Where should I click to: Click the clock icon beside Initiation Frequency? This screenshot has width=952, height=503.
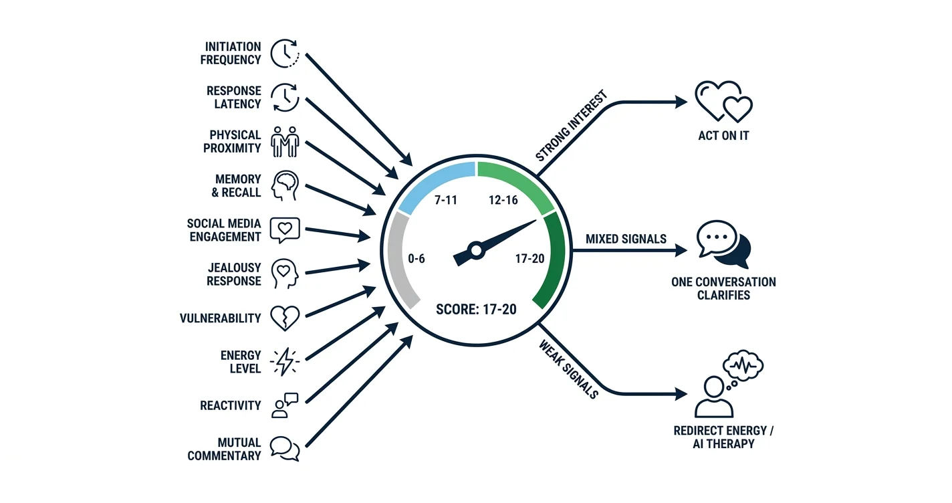click(285, 54)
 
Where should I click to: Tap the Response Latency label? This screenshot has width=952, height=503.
click(234, 98)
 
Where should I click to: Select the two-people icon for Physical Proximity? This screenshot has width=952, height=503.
click(285, 142)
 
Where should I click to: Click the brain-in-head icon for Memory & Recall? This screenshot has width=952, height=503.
click(285, 186)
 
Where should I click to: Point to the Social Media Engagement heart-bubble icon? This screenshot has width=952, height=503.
click(285, 230)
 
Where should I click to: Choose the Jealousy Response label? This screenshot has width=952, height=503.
click(234, 274)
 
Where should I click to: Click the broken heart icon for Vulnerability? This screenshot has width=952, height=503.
click(285, 318)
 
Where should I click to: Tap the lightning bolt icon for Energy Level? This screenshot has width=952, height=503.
click(285, 362)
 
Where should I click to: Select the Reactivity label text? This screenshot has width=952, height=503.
click(231, 405)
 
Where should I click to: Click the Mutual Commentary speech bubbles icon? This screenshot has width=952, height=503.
click(285, 449)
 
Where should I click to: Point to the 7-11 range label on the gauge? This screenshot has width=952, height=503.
click(446, 200)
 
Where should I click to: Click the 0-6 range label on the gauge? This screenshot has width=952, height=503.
click(416, 258)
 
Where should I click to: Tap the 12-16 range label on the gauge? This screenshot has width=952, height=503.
click(503, 200)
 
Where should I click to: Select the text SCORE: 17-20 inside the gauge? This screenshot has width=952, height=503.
click(476, 309)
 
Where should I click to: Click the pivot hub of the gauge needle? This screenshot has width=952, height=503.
click(477, 250)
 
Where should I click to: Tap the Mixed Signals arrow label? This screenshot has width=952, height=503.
click(626, 239)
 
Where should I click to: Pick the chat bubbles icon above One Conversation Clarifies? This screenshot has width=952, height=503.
click(723, 245)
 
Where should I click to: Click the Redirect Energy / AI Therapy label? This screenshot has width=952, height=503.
click(723, 437)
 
